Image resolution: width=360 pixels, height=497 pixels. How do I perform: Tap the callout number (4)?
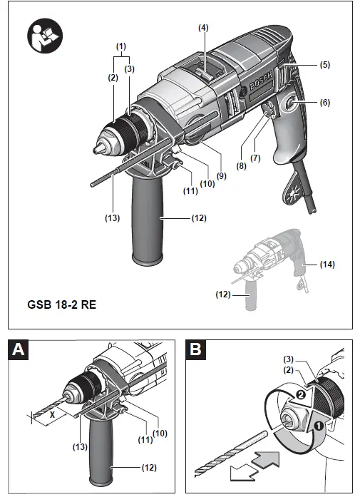coord(203,28)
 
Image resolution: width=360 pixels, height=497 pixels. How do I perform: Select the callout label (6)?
coord(324,103)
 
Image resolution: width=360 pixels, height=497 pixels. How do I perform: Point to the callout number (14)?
coord(326,264)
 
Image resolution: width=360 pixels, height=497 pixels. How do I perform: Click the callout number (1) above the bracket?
coord(122,46)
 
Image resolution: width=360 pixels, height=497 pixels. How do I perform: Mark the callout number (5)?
coord(324,65)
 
